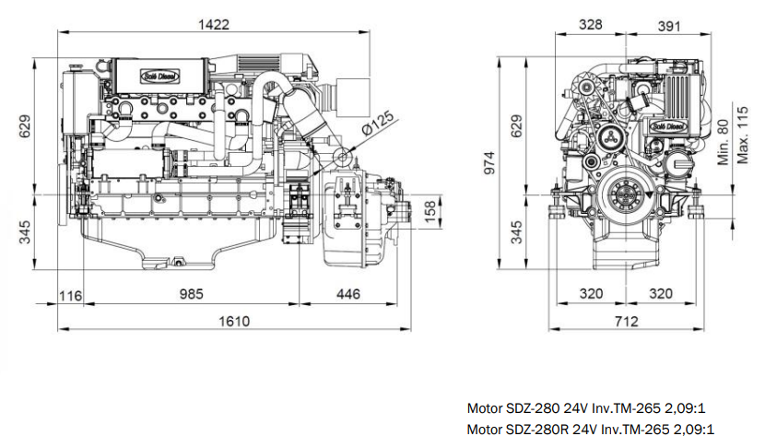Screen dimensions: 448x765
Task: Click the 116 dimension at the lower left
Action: pyautogui.click(x=69, y=294)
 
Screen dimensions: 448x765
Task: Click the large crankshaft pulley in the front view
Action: pyautogui.click(x=624, y=196)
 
